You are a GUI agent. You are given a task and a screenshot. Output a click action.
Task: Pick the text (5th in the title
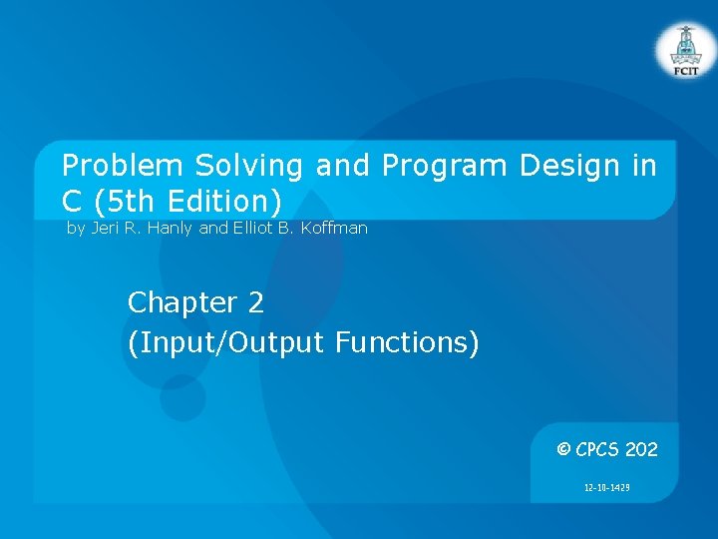point(126,201)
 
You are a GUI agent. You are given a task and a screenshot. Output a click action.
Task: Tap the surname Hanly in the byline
point(172,229)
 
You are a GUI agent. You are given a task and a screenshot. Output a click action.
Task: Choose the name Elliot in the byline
point(254,229)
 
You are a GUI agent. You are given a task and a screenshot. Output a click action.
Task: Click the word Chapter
point(181,302)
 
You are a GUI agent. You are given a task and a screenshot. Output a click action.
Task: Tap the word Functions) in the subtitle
point(407,343)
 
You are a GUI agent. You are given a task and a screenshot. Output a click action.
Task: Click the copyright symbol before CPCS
point(563,450)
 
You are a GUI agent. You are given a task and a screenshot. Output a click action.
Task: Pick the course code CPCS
point(597,450)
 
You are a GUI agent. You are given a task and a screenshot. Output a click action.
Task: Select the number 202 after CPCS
point(641,450)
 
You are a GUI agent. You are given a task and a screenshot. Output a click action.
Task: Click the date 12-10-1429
point(605,488)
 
